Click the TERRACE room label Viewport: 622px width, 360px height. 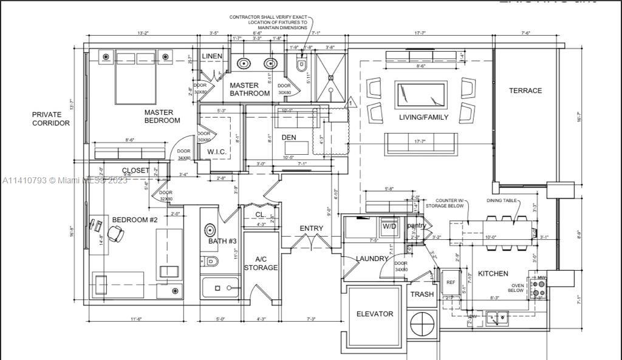coord(525,90)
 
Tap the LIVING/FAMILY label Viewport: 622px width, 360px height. coord(423,117)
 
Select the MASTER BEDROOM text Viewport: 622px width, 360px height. coord(162,116)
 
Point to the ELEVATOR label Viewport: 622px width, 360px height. coord(375,314)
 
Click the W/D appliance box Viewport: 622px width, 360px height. coord(389,226)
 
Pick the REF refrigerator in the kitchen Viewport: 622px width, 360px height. coord(451,283)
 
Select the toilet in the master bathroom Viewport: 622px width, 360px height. coord(301,64)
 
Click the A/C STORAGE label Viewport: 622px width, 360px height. coord(261,263)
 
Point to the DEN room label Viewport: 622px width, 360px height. coord(289,137)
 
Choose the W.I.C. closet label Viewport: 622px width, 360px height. coord(217,151)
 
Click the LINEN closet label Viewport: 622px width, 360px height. coord(212,56)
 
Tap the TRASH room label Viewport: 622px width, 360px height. coord(422,294)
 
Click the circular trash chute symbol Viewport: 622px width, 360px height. coord(421,325)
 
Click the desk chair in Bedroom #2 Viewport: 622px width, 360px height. coord(114,232)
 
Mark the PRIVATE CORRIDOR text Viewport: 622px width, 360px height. coord(51,118)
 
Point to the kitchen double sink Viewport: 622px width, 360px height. coord(498,316)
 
